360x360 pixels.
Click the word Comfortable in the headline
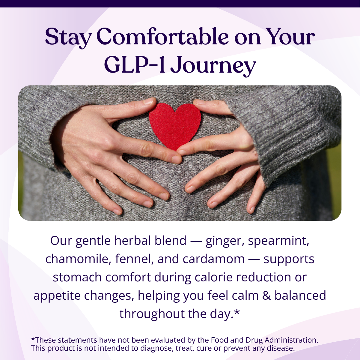click(x=162, y=37)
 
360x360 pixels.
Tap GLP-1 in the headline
click(x=135, y=64)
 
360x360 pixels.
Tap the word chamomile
click(x=78, y=259)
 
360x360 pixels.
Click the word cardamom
click(x=213, y=259)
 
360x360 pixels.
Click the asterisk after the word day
click(x=237, y=313)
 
